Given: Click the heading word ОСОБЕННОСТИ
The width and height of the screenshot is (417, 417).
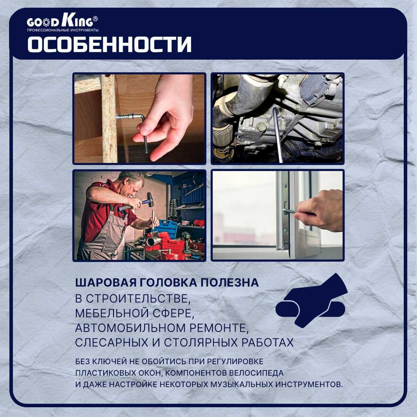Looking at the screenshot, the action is pos(109,44).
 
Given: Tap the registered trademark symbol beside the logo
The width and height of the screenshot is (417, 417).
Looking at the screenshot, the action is pos(95,19).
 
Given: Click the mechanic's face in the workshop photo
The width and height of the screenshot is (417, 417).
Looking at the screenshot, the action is pos(136,189).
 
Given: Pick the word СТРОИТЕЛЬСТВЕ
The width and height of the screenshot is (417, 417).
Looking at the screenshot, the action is pos(138,299).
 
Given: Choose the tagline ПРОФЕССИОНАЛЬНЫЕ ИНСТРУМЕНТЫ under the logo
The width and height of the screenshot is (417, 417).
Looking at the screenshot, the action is pos(63,30).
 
